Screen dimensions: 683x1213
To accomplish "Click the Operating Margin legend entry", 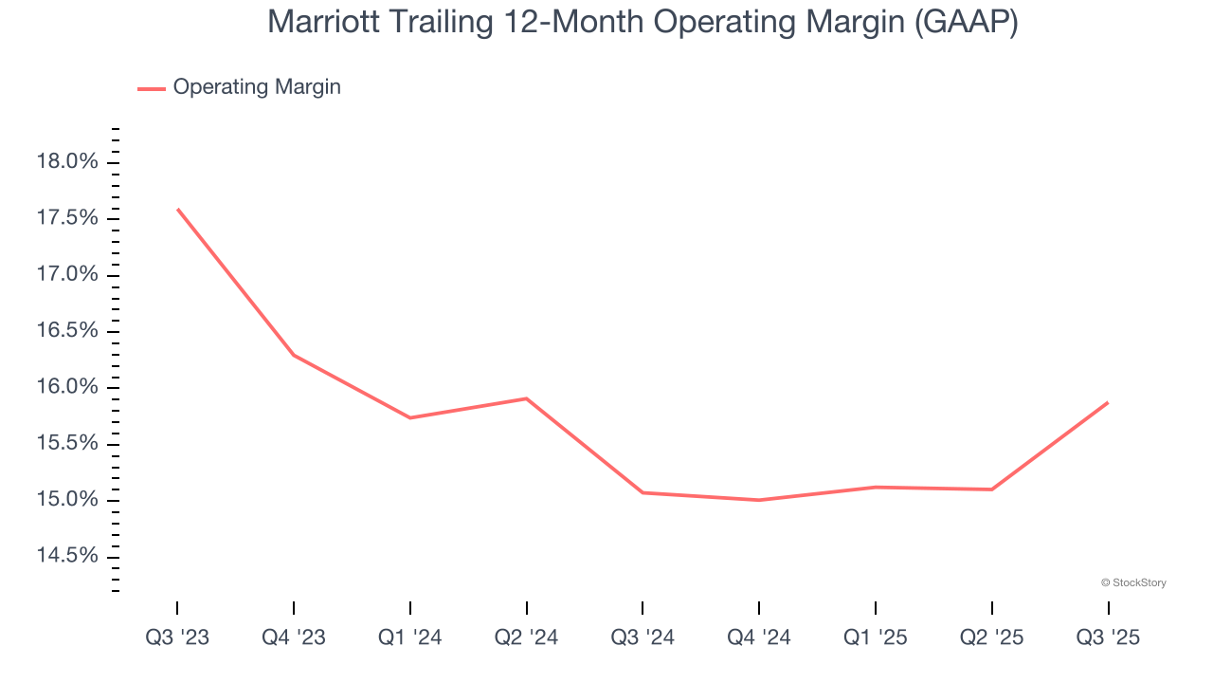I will [x=256, y=87].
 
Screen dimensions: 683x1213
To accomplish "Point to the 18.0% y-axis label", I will [x=66, y=162].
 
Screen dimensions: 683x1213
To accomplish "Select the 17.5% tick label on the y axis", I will [x=66, y=218].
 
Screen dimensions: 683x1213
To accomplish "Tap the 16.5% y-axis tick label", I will [x=66, y=331].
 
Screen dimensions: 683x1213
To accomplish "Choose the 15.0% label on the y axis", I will [x=66, y=500].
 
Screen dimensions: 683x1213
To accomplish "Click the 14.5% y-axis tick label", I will [x=66, y=556].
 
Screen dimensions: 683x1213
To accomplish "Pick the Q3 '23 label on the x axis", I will [x=177, y=637].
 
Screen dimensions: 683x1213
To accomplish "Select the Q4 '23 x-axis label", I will [x=294, y=637].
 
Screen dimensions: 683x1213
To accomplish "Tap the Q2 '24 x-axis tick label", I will [x=526, y=637].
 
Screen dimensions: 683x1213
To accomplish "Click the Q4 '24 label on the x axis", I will [x=759, y=637].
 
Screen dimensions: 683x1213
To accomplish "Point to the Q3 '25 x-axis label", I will [x=1108, y=637].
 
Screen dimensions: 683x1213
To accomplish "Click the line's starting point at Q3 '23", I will [x=177, y=209].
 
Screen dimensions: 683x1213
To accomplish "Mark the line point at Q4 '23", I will [x=294, y=355].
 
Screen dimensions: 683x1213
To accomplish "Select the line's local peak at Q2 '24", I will [x=526, y=398].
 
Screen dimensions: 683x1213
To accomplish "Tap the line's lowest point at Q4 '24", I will [x=759, y=500].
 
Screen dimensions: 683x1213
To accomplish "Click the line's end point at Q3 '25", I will [x=1108, y=402].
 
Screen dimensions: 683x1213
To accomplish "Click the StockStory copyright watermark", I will [x=1133, y=582].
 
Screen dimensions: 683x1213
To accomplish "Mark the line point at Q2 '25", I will [x=991, y=489].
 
